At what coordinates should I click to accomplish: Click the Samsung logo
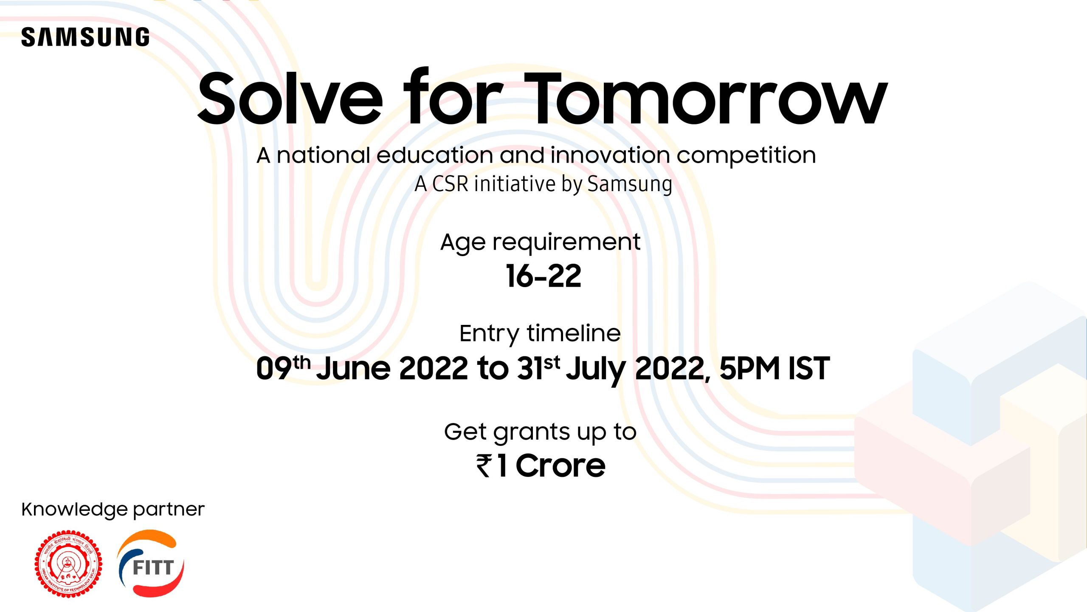tap(85, 37)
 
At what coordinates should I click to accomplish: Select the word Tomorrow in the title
tap(705, 99)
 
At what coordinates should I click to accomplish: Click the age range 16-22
tap(543, 276)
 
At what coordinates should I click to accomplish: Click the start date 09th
tap(283, 367)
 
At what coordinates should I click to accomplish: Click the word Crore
tap(560, 465)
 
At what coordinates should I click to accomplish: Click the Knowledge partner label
tap(113, 510)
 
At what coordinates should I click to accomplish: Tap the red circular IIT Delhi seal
tap(68, 564)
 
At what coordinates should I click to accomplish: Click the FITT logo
tap(151, 563)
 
